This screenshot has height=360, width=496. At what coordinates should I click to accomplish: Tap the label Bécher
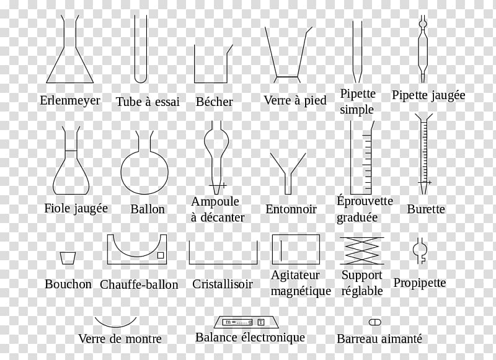tap(214, 102)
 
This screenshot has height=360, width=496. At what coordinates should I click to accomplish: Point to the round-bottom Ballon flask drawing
tap(122, 172)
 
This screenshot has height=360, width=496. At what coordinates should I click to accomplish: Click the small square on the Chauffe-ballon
tap(161, 255)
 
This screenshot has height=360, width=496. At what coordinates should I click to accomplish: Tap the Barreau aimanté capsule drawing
tap(375, 322)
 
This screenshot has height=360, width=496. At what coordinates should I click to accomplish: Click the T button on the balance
tap(261, 322)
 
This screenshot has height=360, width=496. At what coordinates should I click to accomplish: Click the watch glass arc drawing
tap(115, 326)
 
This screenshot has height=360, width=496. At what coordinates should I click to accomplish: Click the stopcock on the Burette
tap(425, 182)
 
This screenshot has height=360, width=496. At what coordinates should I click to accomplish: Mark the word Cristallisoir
tap(223, 284)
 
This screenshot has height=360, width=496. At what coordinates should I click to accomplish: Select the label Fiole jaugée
tap(76, 208)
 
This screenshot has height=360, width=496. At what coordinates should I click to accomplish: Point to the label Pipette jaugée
tap(428, 95)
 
